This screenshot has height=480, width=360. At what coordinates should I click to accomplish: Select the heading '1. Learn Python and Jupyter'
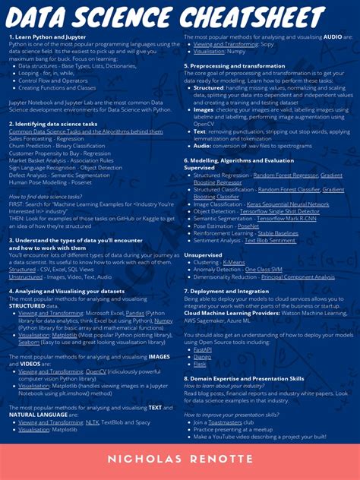48,36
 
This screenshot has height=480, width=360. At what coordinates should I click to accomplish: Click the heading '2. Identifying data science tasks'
53,122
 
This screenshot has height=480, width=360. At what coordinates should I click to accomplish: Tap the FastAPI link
204,350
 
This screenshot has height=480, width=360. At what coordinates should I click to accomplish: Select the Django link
203,357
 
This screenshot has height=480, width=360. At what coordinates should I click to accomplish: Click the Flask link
200,364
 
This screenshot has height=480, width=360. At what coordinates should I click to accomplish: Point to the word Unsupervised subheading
204,233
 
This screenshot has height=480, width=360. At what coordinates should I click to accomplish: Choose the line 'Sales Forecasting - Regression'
46,139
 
